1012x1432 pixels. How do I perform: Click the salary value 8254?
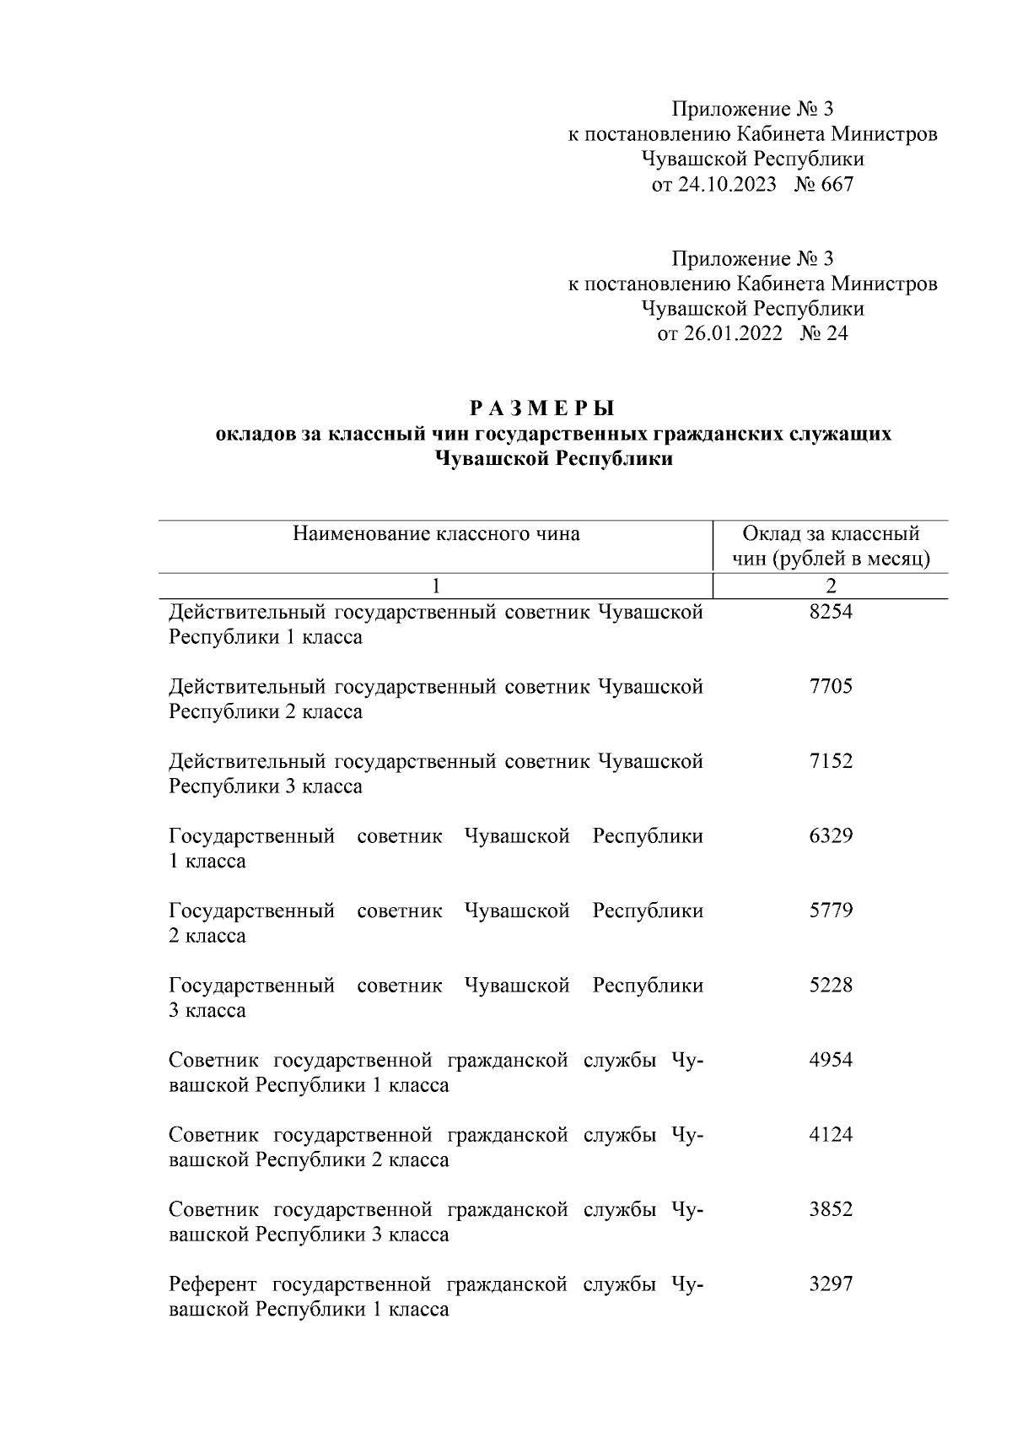[830, 612]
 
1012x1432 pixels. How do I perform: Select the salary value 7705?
[830, 687]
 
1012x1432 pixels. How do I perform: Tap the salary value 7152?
[830, 761]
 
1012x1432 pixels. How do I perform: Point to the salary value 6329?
[830, 836]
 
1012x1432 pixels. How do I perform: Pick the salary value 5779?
[830, 911]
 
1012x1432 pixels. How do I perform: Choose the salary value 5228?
[830, 986]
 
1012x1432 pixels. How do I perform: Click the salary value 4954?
[830, 1061]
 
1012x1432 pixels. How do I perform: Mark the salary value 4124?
[830, 1135]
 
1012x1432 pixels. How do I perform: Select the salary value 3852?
[830, 1210]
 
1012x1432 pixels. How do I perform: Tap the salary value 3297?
[830, 1284]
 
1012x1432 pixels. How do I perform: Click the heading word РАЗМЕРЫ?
[542, 409]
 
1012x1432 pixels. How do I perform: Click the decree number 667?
[837, 185]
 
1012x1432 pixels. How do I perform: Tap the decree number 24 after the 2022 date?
[837, 334]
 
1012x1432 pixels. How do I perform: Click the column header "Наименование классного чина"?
[436, 534]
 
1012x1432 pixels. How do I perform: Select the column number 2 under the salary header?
[831, 586]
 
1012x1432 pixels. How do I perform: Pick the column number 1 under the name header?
[436, 586]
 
